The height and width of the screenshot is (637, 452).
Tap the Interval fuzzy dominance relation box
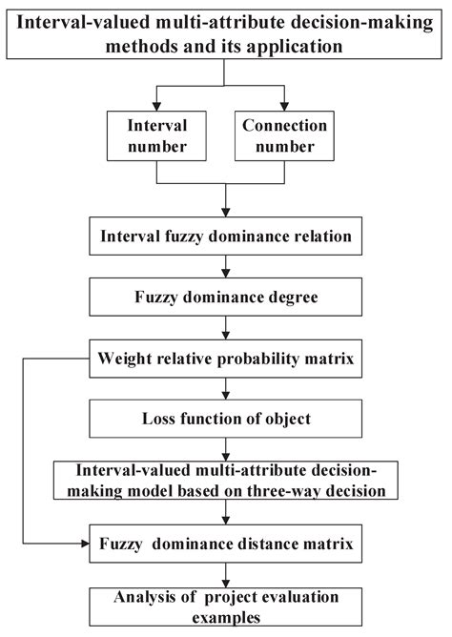pos(225,236)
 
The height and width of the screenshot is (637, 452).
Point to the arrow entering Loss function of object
pos(225,395)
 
